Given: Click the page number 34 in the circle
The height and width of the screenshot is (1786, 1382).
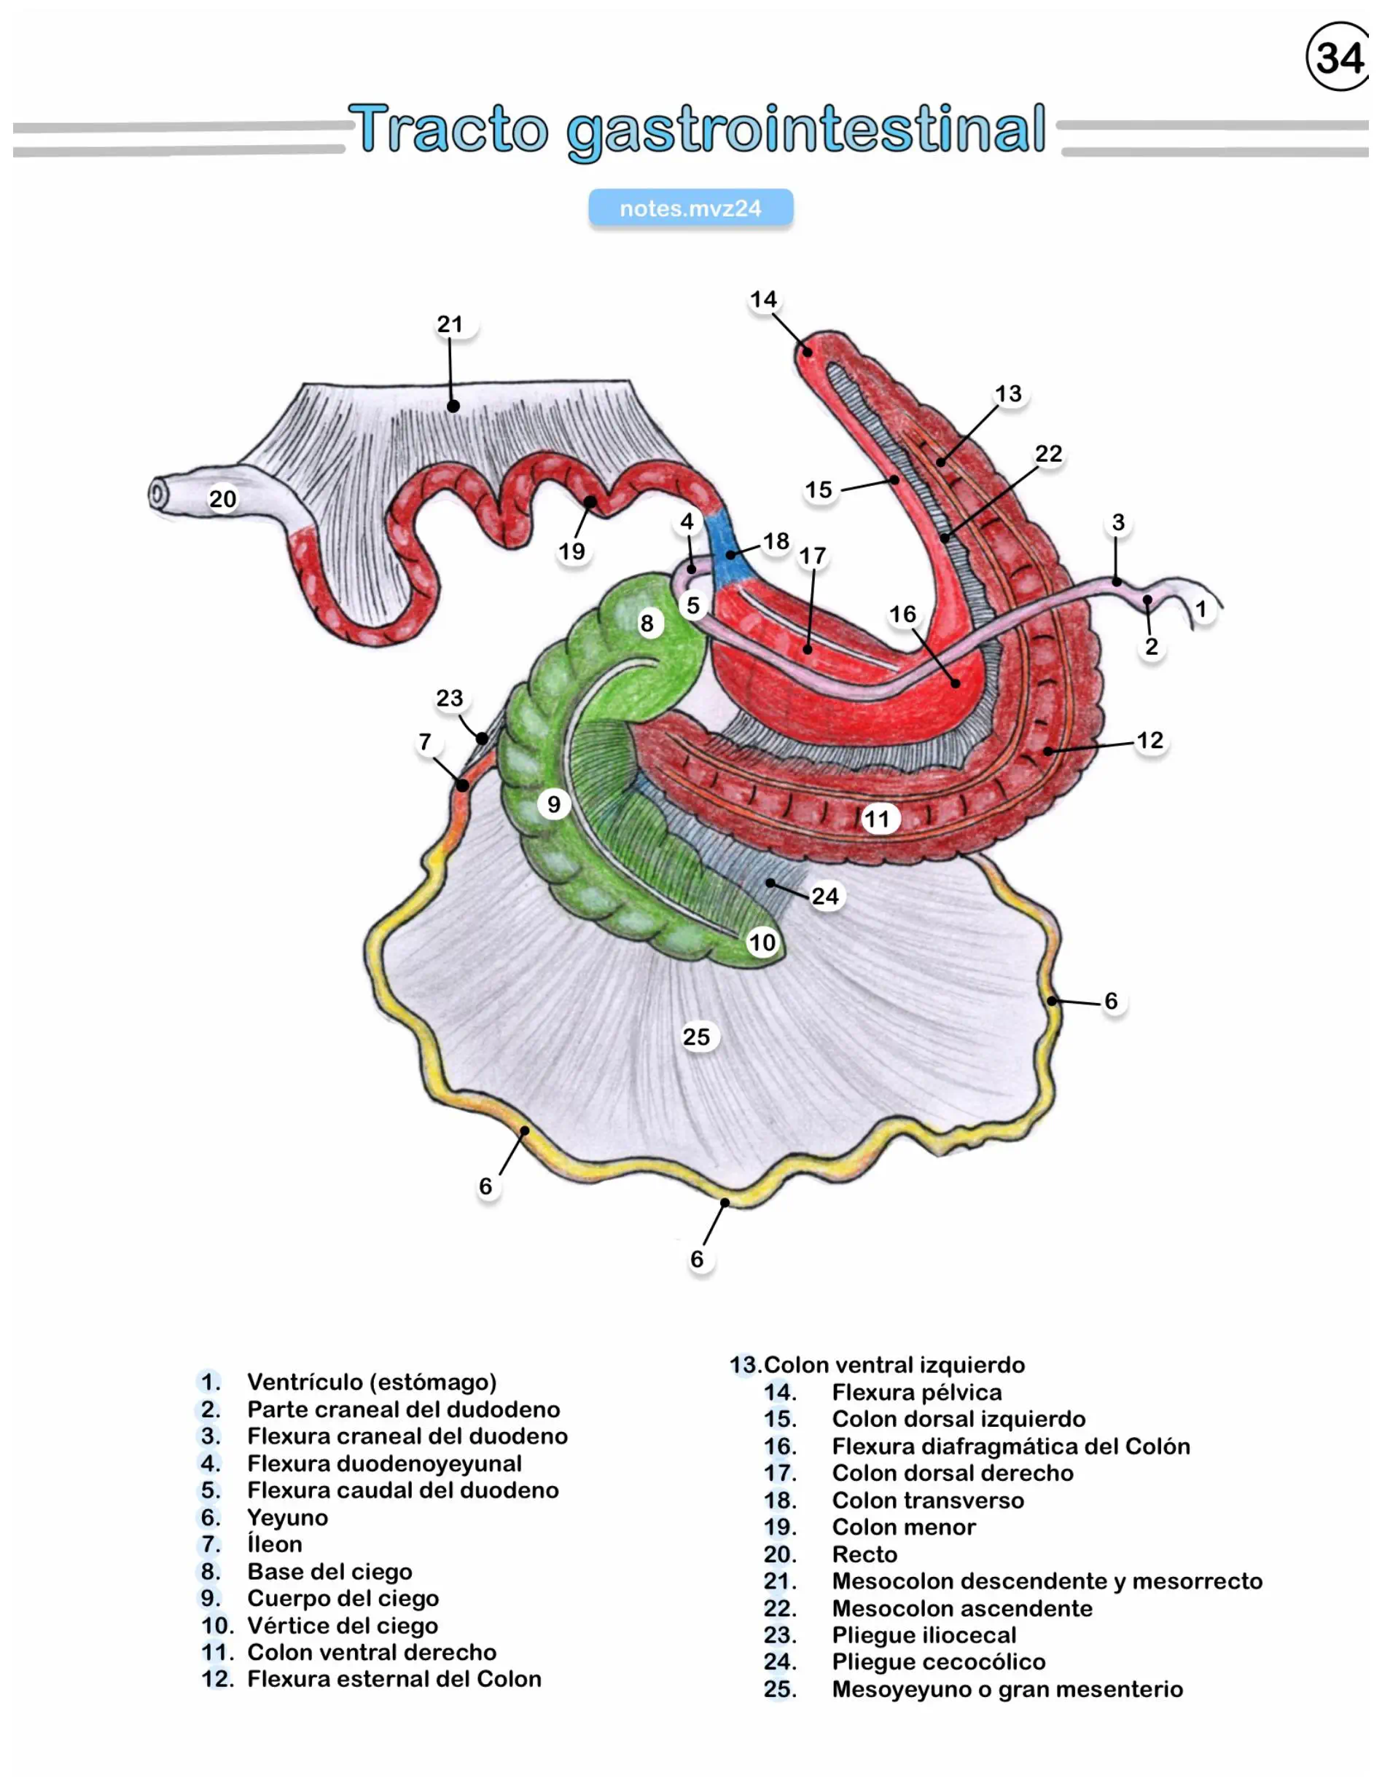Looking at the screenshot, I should tap(1340, 58).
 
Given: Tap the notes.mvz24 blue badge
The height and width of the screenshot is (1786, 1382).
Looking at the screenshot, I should tap(690, 208).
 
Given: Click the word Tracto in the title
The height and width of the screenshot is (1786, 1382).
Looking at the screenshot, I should tap(448, 129).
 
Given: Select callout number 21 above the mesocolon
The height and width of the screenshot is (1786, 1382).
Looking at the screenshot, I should tap(450, 325).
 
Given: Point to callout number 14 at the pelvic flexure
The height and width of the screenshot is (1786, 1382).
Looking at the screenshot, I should tap(763, 299).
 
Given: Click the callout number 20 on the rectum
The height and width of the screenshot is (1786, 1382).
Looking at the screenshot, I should tap(222, 499).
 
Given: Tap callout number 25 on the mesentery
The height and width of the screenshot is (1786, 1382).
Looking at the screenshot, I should tap(696, 1037).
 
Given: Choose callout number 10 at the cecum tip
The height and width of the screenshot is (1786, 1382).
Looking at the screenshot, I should tap(762, 942).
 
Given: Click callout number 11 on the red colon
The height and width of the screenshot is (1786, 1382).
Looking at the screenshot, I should tap(877, 819).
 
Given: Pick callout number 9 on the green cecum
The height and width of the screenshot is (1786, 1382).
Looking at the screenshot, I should tap(554, 804).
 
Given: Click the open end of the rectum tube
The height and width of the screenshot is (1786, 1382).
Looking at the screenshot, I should tap(158, 494).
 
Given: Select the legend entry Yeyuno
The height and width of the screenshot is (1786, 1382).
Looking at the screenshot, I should tap(287, 1518).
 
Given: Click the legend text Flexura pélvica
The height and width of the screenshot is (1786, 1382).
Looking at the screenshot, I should tap(916, 1392).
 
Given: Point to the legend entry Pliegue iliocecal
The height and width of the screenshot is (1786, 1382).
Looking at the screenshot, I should tap(924, 1634).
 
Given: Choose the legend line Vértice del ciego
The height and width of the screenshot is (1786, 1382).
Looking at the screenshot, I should tap(342, 1625).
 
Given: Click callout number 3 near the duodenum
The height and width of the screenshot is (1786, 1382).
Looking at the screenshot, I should tap(1117, 522).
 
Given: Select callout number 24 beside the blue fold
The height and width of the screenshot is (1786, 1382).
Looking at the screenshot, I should tap(825, 896).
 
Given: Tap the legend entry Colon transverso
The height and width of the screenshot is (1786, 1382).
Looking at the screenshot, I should tap(928, 1500).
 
